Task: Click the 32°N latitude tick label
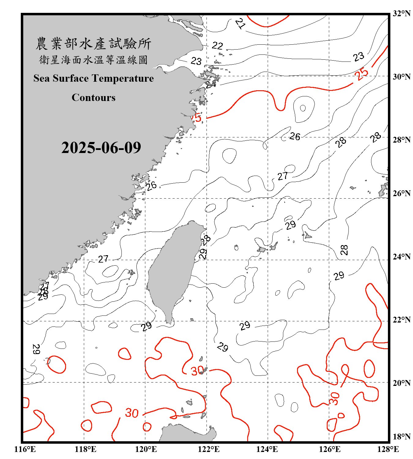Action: [x=401, y=13]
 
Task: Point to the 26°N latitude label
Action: [x=401, y=193]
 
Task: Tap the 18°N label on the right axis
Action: [x=401, y=437]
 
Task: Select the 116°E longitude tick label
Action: [x=25, y=449]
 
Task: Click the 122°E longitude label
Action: [x=209, y=449]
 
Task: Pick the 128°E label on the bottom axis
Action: [x=388, y=449]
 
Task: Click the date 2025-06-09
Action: [x=101, y=148]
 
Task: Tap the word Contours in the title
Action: [x=94, y=98]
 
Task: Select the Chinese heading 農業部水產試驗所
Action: [x=93, y=44]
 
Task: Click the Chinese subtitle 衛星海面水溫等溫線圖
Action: [x=93, y=60]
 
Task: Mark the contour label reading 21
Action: [x=240, y=23]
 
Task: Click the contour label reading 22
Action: [x=217, y=46]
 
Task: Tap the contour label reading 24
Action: [x=211, y=84]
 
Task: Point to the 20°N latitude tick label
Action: [x=401, y=383]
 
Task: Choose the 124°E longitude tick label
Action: [x=267, y=449]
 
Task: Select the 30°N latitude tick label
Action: [x=401, y=76]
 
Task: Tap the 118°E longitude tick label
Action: [x=85, y=449]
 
